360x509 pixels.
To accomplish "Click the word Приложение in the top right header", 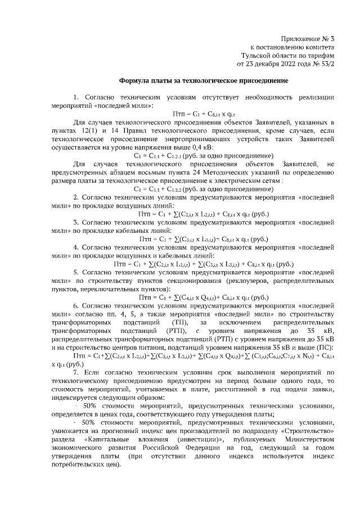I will (x=298, y=39).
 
